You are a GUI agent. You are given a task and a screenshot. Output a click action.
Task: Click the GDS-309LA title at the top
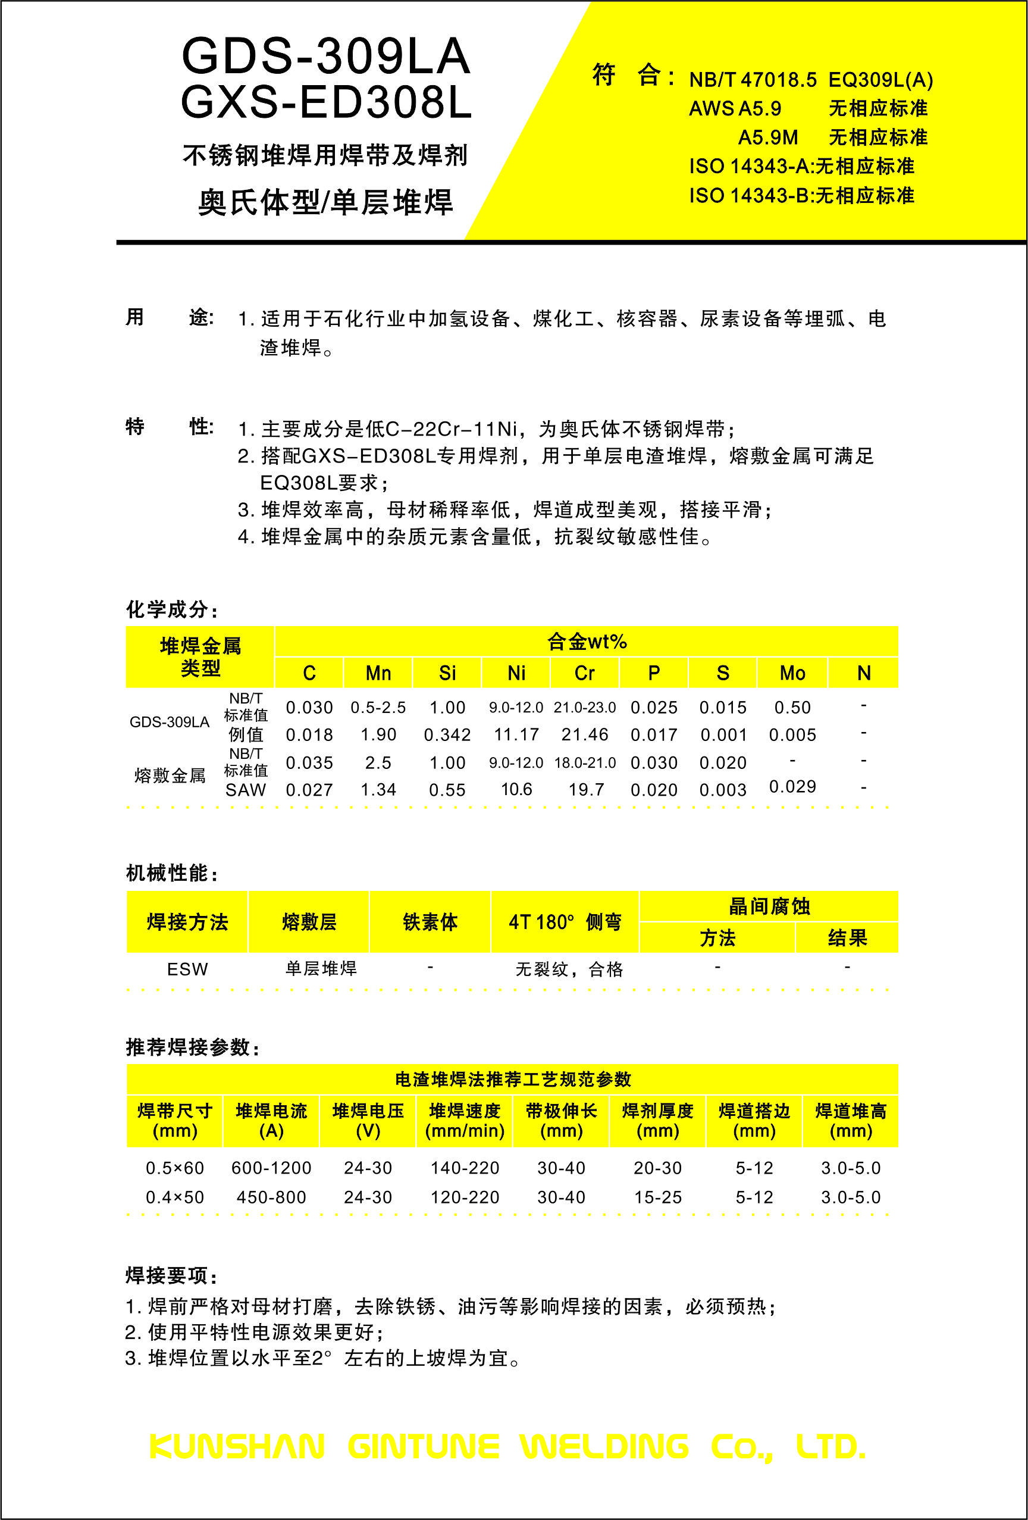coord(325,57)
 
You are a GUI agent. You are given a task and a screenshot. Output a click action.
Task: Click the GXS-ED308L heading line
coord(325,104)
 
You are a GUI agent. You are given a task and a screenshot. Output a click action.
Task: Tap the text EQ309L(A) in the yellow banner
coord(880,80)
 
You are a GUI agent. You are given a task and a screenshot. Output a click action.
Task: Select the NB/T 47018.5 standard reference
coord(753,80)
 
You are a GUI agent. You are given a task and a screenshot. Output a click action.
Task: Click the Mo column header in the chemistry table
coord(792,673)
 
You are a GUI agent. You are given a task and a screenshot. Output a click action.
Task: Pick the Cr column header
coord(585,673)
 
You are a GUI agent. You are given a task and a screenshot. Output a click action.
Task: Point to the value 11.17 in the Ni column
coord(516,734)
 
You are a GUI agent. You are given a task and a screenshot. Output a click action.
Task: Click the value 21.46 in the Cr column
coord(585,734)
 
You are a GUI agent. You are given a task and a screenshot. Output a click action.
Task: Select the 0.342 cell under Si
coord(447,734)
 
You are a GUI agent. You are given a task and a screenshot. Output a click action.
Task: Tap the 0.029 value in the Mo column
coord(792,786)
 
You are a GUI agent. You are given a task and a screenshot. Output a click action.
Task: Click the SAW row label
coord(246,790)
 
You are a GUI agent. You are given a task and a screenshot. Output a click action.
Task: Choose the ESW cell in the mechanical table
coord(187,969)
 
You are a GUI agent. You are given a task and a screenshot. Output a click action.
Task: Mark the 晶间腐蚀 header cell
coord(769,906)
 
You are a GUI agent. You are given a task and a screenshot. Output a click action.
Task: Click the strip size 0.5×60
coord(174,1168)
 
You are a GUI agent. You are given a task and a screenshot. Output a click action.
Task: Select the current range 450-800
coord(271,1197)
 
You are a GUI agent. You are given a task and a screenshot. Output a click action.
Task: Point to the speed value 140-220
coord(465,1168)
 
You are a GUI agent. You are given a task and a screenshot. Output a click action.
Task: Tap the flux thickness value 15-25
coord(658,1197)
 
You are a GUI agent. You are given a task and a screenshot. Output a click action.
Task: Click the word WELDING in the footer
coord(604,1446)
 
